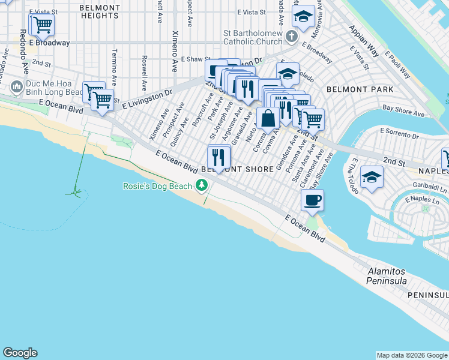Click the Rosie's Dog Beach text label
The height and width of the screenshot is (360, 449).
158,185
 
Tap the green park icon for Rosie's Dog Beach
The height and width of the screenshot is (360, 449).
202,185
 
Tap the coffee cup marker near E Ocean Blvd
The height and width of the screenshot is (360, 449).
312,200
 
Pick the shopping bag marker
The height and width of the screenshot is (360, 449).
268,118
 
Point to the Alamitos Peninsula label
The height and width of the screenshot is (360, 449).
387,277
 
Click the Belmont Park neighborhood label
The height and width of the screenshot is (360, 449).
360,89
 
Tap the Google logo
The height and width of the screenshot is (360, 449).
20,353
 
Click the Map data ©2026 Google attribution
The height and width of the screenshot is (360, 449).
411,355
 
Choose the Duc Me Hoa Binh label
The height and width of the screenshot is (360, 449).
54,88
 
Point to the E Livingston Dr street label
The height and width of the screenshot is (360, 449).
148,99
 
